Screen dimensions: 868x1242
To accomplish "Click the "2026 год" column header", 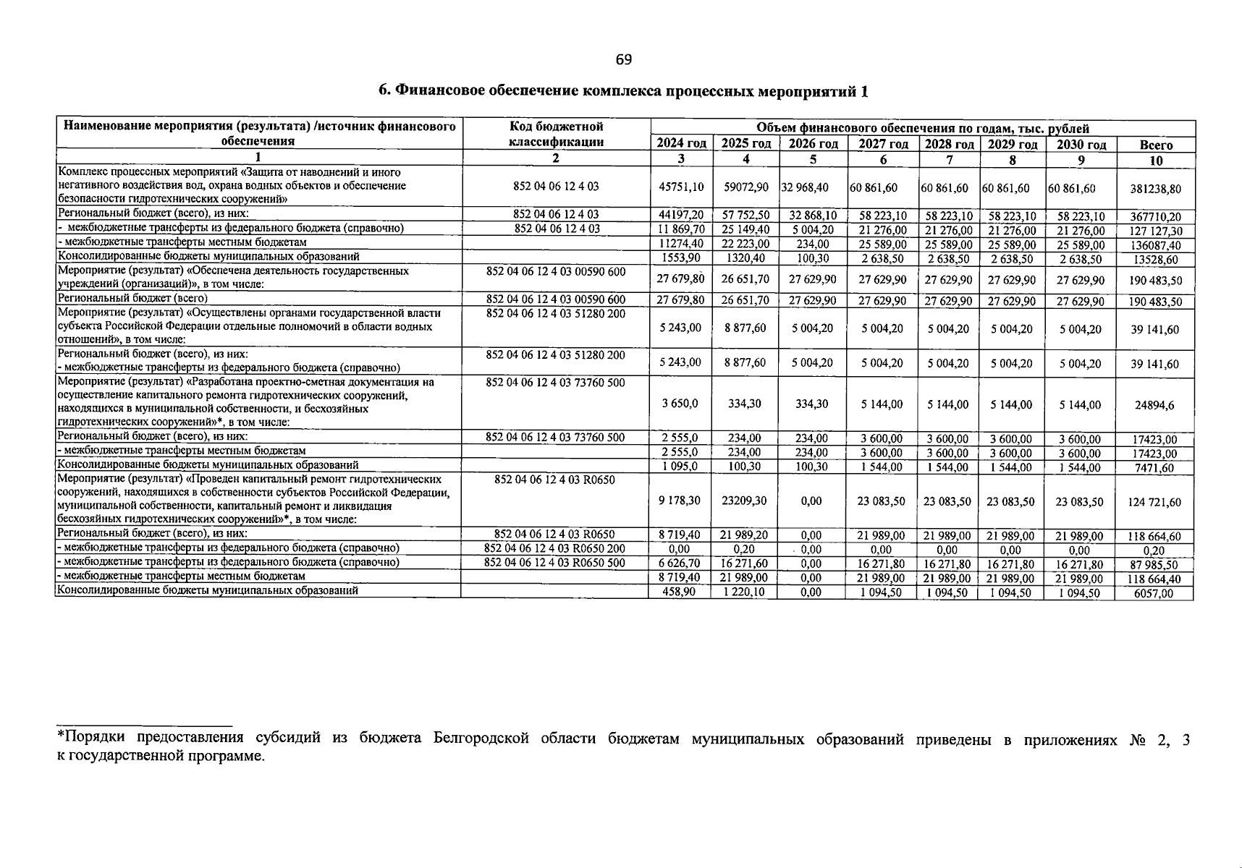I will point(813,144).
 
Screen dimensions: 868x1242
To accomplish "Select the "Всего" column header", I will point(1156,145).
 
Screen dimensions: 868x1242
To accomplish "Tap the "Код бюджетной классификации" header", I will point(556,135).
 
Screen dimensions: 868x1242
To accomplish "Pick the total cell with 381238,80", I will point(1155,189).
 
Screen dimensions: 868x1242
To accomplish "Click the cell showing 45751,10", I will point(680,187).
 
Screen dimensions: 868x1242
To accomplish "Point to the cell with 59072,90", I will point(745,187).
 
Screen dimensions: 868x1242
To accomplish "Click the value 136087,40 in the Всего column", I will point(1155,245).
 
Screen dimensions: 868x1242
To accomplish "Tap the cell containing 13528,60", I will point(1155,260).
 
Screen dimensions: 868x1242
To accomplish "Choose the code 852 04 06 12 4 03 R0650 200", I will point(555,548).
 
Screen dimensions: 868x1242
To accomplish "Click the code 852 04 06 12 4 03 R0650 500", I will point(555,562).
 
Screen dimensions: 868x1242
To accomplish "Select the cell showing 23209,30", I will point(745,501).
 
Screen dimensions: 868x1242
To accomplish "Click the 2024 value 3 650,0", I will point(680,404).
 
